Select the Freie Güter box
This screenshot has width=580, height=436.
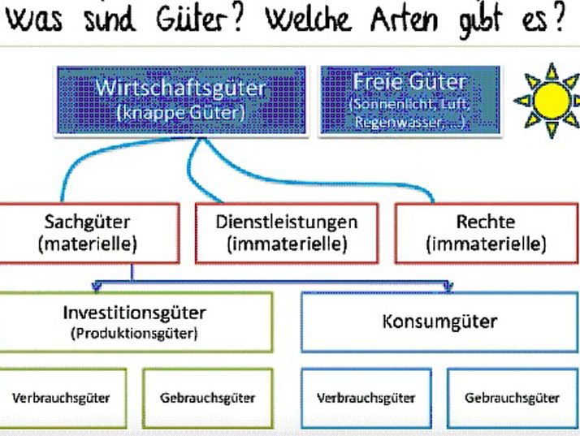409,100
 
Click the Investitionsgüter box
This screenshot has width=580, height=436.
135,322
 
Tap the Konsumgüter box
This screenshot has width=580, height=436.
439,322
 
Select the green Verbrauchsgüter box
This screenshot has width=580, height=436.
61,398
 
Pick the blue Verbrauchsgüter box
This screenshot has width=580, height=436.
366,398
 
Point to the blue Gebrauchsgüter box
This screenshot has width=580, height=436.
512,398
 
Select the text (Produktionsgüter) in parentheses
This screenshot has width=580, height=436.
135,333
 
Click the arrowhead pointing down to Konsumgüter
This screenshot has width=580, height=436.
446,286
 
